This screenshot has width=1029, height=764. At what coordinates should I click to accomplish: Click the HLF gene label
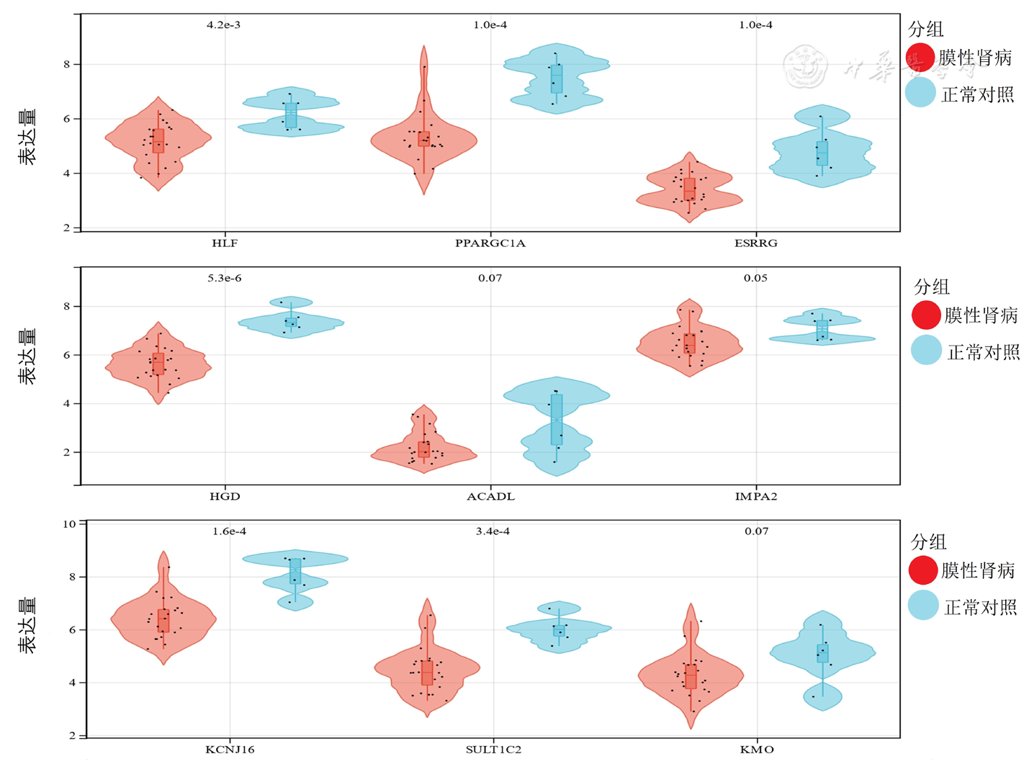pos(225,243)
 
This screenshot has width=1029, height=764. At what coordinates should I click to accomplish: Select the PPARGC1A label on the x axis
pos(490,243)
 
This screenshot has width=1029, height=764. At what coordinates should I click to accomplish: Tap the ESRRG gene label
pos(755,243)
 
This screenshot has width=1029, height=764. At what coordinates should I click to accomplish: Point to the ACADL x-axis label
pos(490,497)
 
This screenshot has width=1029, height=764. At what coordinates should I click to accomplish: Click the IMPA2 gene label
pos(755,497)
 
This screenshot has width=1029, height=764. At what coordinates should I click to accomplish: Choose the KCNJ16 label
pos(230,750)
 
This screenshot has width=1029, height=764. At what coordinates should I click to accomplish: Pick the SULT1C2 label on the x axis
pos(493,750)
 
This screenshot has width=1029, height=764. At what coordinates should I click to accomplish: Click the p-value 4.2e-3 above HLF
pos(223,25)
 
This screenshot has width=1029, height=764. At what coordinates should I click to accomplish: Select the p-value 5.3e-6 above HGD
pos(225,279)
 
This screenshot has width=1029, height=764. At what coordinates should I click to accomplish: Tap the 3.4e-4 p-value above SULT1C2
pos(493,531)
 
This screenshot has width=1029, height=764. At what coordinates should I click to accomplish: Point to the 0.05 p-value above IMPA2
pos(755,279)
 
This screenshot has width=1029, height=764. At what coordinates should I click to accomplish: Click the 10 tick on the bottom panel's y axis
pos(69,524)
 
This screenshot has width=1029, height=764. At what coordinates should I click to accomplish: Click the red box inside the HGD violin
pos(158,364)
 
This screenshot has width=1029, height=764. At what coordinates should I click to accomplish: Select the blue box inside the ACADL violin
pos(557,419)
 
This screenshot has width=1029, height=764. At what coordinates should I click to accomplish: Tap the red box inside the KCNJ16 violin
pos(163,621)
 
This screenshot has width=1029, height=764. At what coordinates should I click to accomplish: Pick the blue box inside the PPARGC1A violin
pos(557,79)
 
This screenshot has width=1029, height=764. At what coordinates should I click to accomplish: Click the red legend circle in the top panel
pos(920,58)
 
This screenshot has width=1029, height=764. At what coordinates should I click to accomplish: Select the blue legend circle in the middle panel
pos(926,350)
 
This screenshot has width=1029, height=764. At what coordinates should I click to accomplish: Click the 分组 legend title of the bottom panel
pos(928,542)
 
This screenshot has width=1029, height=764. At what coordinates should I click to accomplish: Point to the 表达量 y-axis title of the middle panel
pos(27,356)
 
